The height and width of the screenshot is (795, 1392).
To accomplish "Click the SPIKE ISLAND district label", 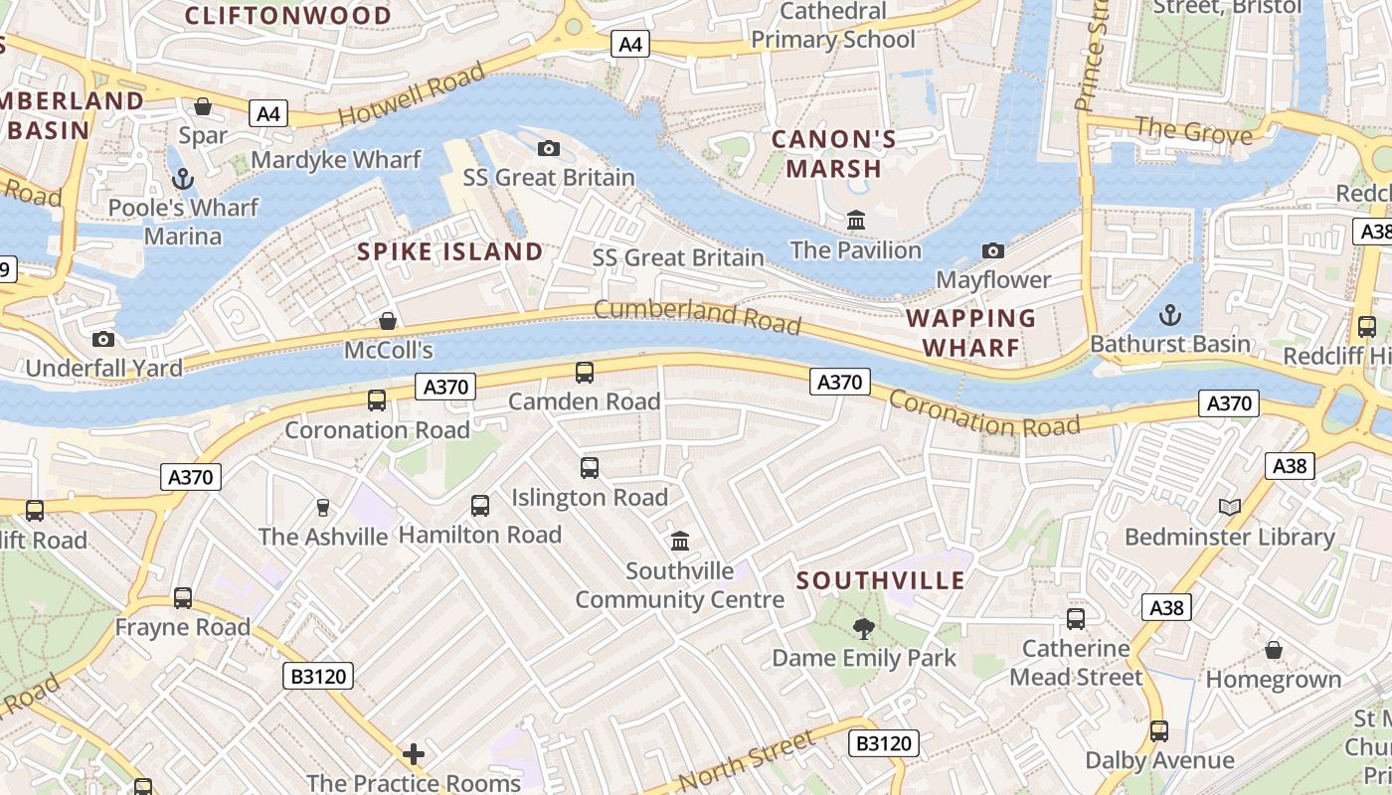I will click(449, 251).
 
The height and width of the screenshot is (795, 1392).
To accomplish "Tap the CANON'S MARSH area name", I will click(833, 154).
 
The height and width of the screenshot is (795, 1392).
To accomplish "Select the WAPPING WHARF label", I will click(971, 333).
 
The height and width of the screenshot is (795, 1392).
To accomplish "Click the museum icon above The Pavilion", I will click(855, 220).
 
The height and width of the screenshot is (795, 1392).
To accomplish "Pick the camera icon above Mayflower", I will click(992, 250).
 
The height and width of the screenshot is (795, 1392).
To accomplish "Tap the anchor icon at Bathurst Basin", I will click(1170, 315).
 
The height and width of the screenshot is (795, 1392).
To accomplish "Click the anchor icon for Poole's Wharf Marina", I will click(182, 179).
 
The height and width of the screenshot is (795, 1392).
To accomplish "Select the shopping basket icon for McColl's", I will click(388, 321).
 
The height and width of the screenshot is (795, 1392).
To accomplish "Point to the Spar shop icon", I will click(203, 106).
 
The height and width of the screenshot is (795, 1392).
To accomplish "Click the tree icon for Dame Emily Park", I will click(863, 628).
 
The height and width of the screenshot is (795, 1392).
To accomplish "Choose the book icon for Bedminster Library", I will click(1230, 508).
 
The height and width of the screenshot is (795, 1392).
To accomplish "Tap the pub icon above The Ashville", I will click(322, 508).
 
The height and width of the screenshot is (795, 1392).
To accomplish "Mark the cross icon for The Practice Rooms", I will click(414, 754).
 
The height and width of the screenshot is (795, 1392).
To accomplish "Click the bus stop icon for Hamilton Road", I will click(480, 506).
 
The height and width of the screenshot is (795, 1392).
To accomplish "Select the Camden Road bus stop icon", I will click(585, 373).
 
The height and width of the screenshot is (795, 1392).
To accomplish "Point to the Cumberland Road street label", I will click(697, 316).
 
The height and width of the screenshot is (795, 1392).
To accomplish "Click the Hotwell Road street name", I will click(412, 94).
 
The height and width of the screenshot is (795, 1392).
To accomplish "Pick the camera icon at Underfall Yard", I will click(103, 340).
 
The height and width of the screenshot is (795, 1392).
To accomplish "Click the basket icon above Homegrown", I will click(1274, 651).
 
